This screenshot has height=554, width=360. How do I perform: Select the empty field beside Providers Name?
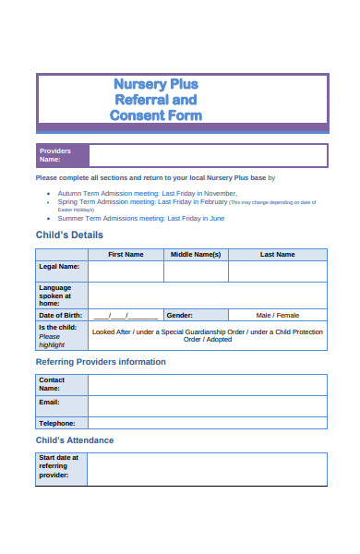click(x=208, y=155)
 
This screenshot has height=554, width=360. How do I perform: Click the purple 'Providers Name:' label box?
click(x=62, y=155)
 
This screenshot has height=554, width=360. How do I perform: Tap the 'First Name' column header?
click(x=126, y=254)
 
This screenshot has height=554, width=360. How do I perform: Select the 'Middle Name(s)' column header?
click(x=196, y=254)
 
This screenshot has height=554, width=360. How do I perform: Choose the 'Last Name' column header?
click(x=277, y=254)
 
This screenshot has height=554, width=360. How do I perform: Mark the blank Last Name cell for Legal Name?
click(x=277, y=271)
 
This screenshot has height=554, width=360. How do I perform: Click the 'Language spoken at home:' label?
click(x=61, y=295)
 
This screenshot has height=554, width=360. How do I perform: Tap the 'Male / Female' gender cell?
click(x=277, y=315)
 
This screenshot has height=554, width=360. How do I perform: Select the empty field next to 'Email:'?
click(x=208, y=405)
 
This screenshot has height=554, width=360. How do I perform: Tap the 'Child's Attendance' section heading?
click(x=75, y=440)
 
